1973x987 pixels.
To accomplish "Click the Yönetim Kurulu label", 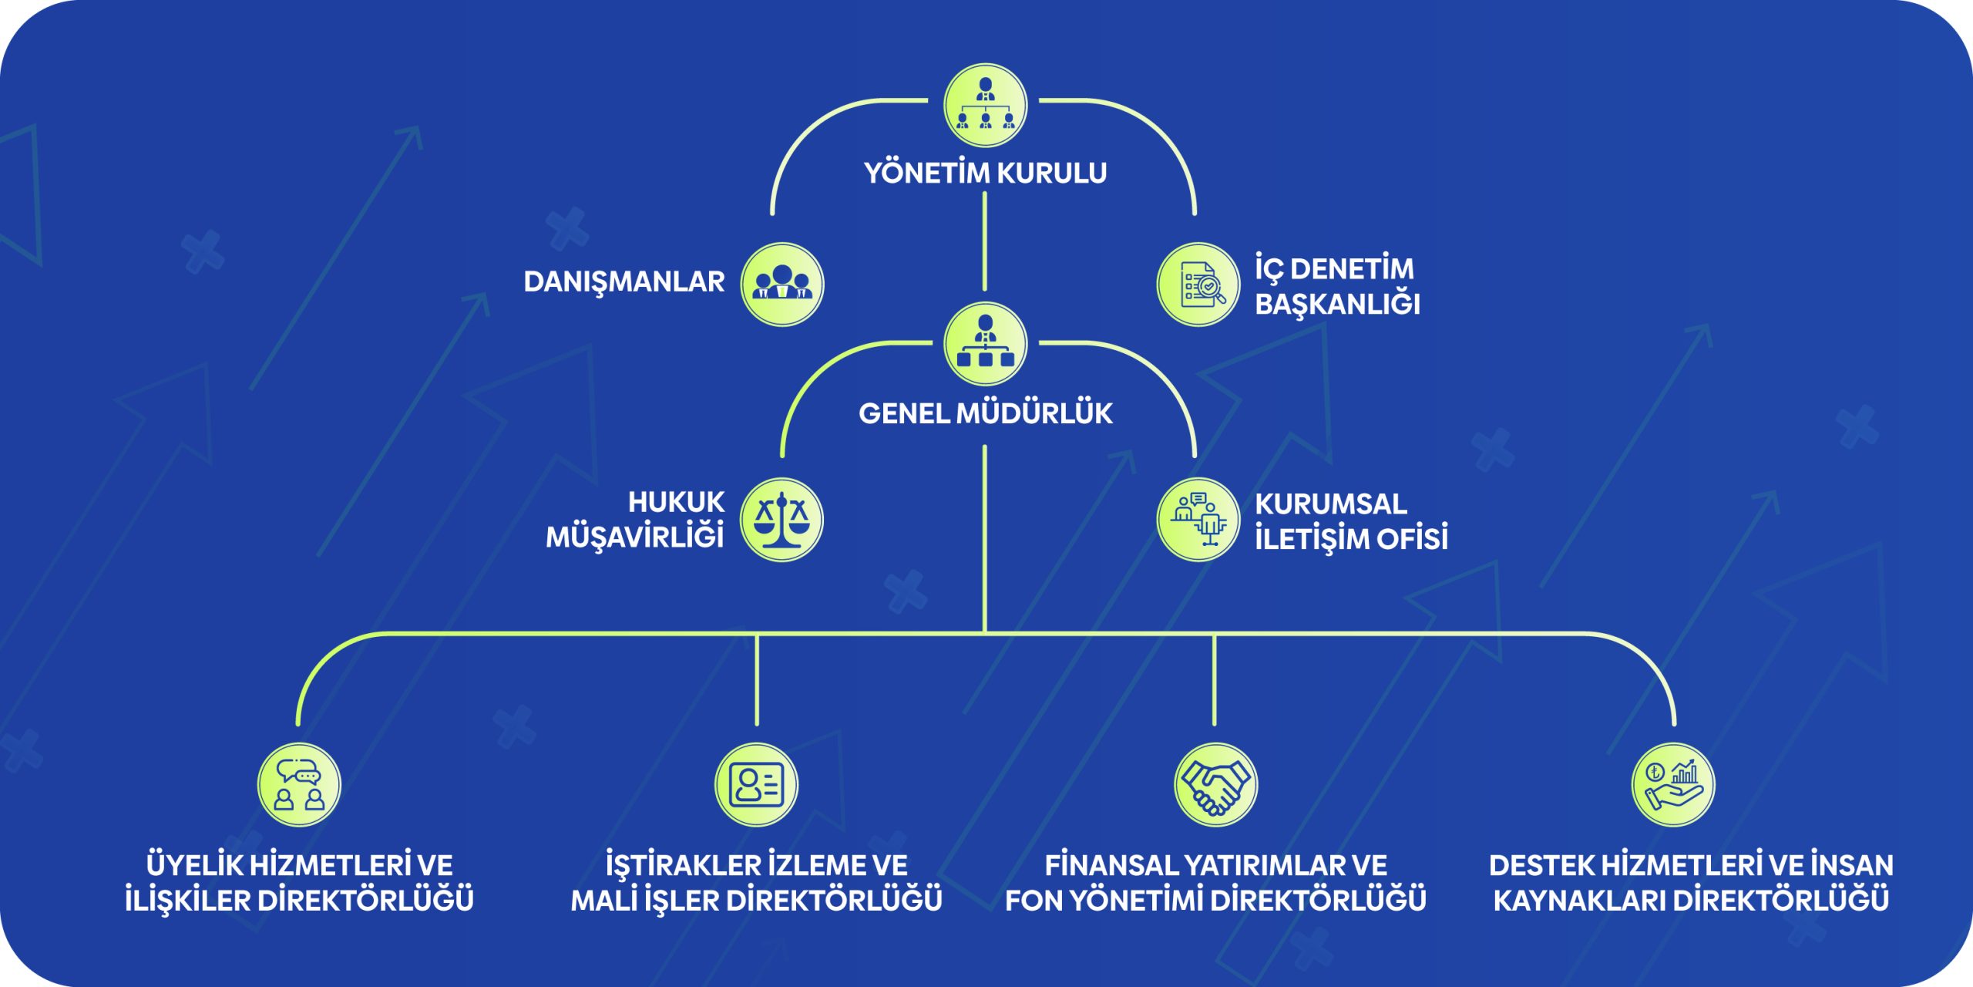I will [x=985, y=173].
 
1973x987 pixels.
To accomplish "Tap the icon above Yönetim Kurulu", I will [x=985, y=106].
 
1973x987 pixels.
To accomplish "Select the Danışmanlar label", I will [x=623, y=281].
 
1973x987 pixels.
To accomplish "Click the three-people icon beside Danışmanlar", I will [x=781, y=285].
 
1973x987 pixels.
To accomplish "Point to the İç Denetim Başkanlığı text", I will [x=1337, y=286].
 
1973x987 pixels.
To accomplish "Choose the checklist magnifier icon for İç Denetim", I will [x=1198, y=285].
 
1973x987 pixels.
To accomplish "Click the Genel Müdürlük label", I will [x=985, y=413].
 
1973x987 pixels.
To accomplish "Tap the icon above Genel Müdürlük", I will [x=985, y=344].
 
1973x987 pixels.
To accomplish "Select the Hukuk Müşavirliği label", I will [x=636, y=520].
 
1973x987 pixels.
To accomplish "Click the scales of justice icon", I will [x=781, y=520].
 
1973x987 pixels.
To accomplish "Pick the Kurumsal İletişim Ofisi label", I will [x=1350, y=521].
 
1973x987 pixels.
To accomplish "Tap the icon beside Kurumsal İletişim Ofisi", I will [x=1198, y=520].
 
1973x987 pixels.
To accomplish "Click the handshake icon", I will [x=1215, y=785].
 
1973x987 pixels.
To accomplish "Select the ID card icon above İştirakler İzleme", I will [x=756, y=785].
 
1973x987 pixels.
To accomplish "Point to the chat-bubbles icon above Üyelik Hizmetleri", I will [x=299, y=785].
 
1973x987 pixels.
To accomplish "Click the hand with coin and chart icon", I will [x=1673, y=785].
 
